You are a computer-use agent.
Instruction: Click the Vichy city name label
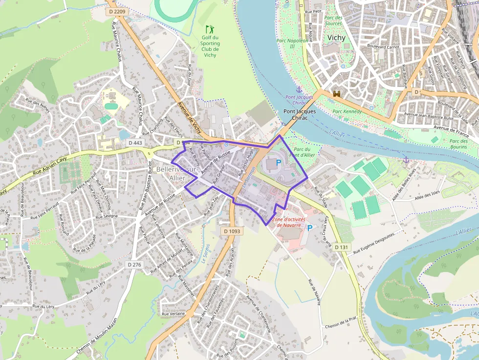coord(336,38)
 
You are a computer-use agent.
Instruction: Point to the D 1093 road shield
coord(232,231)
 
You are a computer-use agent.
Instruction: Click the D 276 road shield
coord(134,264)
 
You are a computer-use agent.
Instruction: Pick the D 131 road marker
coord(341,247)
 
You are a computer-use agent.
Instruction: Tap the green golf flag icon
coord(210,29)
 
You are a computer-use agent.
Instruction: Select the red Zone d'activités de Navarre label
coord(292,222)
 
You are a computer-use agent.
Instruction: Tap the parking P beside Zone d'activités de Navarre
coord(309,228)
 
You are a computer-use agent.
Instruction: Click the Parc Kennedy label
coord(347,111)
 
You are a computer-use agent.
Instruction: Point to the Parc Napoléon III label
coord(292,43)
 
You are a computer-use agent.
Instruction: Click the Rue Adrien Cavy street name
coord(49,166)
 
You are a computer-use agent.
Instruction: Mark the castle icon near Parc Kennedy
coord(336,94)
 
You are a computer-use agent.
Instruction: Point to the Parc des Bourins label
coord(458,144)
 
